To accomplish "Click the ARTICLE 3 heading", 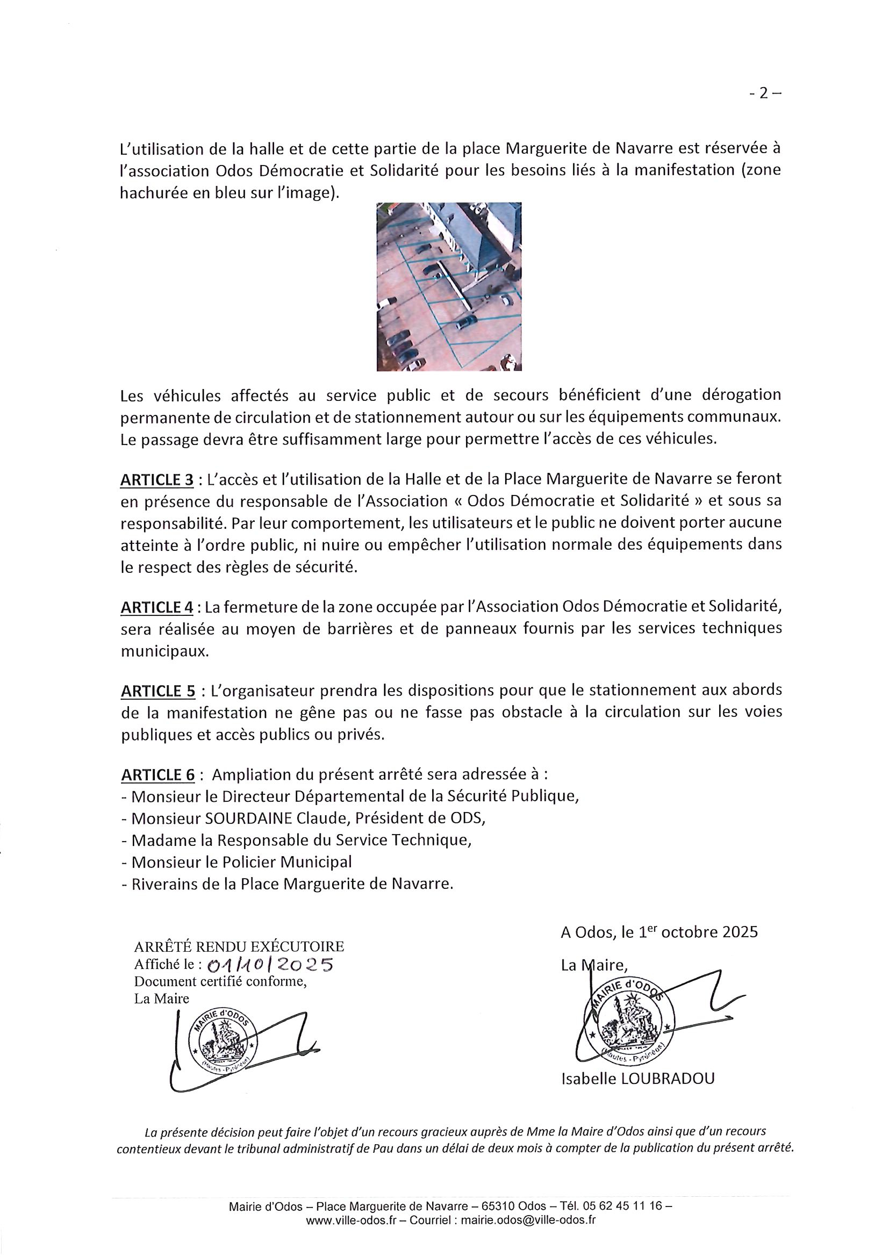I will pyautogui.click(x=156, y=479).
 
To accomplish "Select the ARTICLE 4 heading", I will pyautogui.click(x=156, y=607).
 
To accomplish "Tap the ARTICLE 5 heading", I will pyautogui.click(x=157, y=692).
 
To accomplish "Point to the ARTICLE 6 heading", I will pyautogui.click(x=157, y=776).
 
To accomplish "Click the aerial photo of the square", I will pyautogui.click(x=449, y=286).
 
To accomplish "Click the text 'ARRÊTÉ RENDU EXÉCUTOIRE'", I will pyautogui.click(x=239, y=946).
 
